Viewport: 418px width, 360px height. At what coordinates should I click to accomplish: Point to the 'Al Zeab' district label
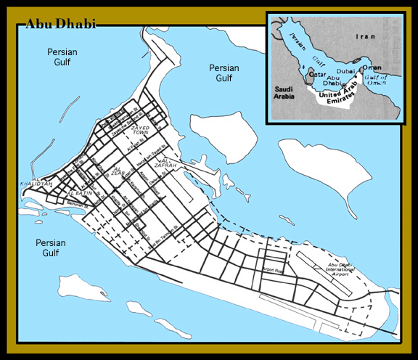coord(118,173)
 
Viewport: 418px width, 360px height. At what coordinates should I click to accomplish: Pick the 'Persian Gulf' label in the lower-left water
coord(49,247)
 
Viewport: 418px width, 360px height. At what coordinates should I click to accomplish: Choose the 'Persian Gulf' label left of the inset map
coord(224,73)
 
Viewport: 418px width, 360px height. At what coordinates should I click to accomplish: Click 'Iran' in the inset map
coord(364,35)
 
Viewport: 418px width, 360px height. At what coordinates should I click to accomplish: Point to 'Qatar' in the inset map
coord(317,74)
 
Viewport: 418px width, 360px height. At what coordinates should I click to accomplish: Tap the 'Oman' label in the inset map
coord(372,67)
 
